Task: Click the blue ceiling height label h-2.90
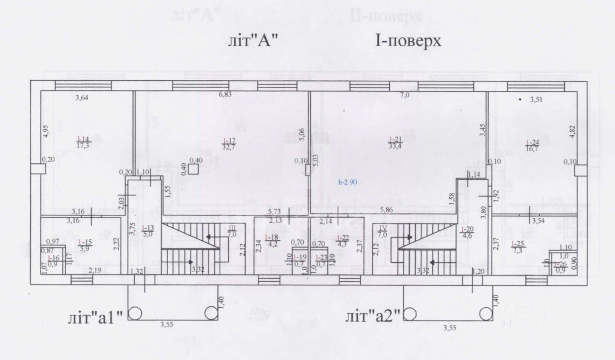pos(348,183)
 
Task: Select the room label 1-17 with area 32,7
pos(228,143)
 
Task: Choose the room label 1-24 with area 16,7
pos(532,146)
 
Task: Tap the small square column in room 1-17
pos(193,169)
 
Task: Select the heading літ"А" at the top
pos(253,41)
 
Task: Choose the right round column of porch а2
pos(486,313)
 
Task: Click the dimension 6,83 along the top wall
pos(225,94)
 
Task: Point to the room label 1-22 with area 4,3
pos(342,240)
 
